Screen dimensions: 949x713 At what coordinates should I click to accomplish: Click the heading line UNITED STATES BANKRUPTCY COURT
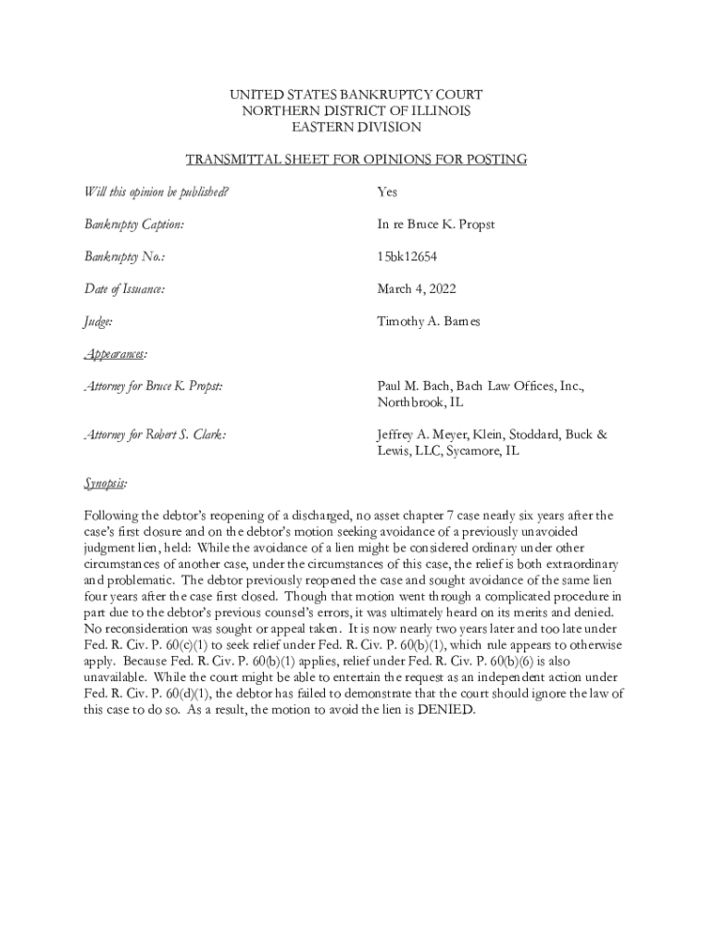point(356,95)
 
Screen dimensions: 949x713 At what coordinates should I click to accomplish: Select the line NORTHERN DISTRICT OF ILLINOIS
point(356,111)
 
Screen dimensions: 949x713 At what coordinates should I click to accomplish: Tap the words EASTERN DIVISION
point(356,127)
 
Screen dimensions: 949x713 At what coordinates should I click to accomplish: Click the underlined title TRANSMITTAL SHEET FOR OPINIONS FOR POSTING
point(356,159)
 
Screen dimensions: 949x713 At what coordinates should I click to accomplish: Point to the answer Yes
point(387,193)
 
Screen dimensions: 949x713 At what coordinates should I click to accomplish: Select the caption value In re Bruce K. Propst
point(435,225)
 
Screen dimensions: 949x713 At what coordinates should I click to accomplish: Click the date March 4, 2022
point(416,290)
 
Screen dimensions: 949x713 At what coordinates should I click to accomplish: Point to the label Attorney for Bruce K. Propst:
point(154,386)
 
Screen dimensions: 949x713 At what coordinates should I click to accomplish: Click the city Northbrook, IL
point(419,403)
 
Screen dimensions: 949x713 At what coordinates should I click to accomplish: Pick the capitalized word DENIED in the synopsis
point(446,710)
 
